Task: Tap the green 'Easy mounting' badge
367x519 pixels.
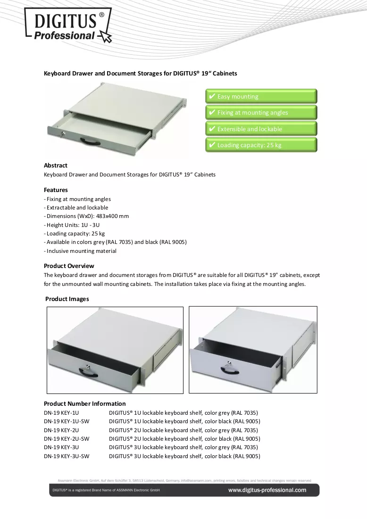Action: pyautogui.click(x=261, y=96)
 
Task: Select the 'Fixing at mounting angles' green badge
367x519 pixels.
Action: pyautogui.click(x=261, y=113)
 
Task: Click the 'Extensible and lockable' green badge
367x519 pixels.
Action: pyautogui.click(x=261, y=129)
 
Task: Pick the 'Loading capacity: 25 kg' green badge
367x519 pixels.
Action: pyautogui.click(x=261, y=145)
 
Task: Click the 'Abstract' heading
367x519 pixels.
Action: pyautogui.click(x=56, y=166)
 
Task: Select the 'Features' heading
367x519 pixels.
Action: pyautogui.click(x=56, y=190)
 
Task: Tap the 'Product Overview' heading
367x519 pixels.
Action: pyautogui.click(x=69, y=266)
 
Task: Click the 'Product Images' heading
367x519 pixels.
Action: pyautogui.click(x=67, y=299)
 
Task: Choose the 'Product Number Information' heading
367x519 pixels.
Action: pyautogui.click(x=85, y=403)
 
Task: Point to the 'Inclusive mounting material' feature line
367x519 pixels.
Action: pyautogui.click(x=80, y=251)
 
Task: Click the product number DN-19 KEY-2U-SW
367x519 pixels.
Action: pyautogui.click(x=67, y=439)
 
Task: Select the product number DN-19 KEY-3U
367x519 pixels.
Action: pyautogui.click(x=61, y=447)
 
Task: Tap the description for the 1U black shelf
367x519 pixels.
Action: pyautogui.click(x=184, y=421)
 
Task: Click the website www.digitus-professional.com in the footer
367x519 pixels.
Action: pyautogui.click(x=267, y=490)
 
